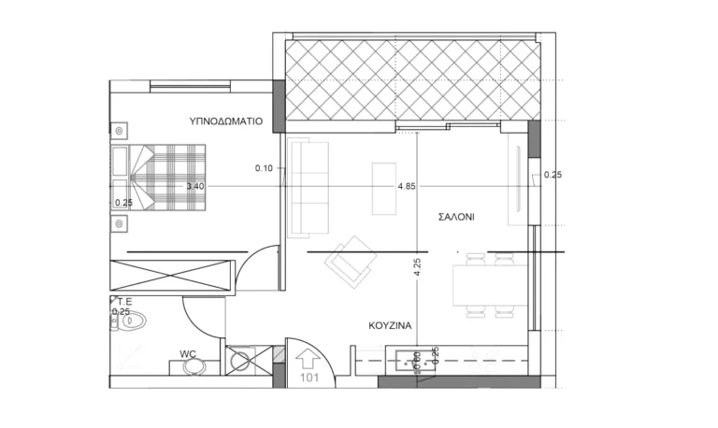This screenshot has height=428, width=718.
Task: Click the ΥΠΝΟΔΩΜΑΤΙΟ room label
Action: [225, 121]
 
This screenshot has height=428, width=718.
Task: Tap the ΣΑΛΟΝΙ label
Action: [456, 217]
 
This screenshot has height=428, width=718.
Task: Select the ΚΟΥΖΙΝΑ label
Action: [390, 325]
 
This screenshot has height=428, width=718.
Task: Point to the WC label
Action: [188, 354]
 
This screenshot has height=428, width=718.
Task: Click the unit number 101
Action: [309, 378]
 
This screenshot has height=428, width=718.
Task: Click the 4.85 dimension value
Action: [407, 186]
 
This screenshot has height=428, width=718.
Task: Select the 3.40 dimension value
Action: [195, 186]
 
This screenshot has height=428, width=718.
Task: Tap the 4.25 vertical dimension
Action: [417, 267]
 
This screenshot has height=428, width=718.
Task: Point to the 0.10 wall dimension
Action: [264, 168]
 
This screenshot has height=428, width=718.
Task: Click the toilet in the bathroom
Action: [131, 321]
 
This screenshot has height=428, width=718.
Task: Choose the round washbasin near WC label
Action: [194, 366]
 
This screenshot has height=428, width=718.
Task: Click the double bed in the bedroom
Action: [158, 178]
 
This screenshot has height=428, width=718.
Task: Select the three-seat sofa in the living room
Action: [309, 189]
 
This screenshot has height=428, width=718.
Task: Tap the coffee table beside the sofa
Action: [383, 189]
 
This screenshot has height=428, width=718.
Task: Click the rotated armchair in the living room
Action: [351, 262]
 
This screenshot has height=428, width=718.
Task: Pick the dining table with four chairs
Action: [490, 285]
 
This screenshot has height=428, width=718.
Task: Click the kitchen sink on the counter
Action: [414, 361]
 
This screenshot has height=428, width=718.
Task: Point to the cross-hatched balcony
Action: [413, 79]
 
